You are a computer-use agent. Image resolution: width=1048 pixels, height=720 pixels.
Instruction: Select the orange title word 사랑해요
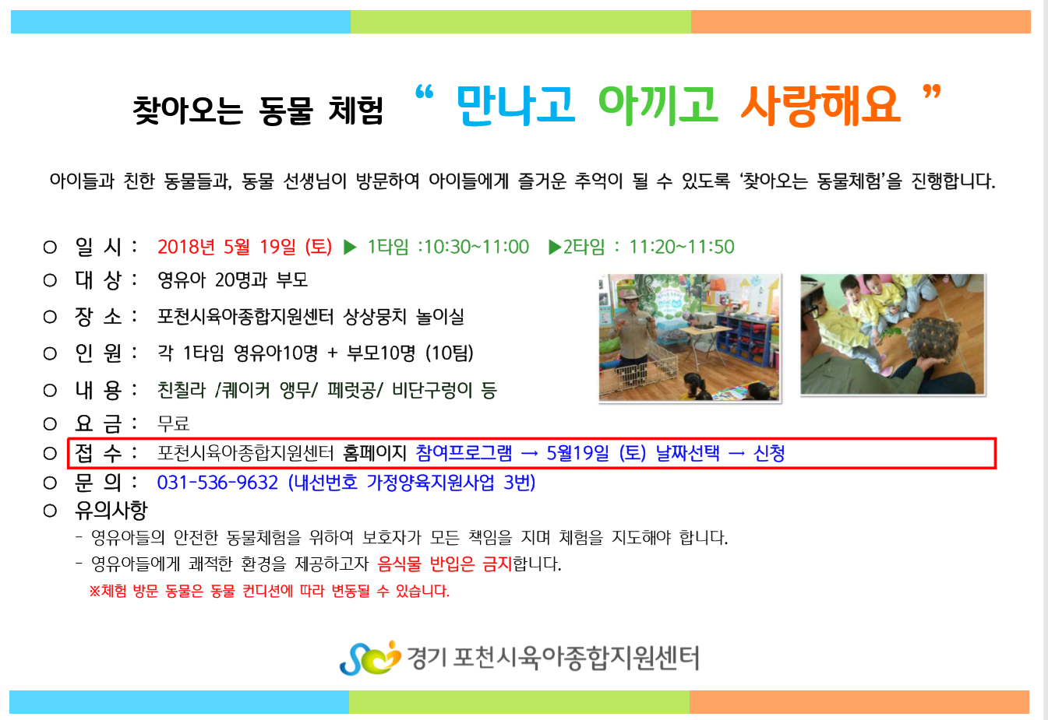(x=821, y=106)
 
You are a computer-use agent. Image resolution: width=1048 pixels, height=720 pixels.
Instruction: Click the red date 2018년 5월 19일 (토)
(x=245, y=247)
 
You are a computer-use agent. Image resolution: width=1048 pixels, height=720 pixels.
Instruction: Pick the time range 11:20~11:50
(x=682, y=247)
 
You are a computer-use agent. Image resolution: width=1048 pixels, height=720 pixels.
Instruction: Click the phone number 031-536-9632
(x=217, y=483)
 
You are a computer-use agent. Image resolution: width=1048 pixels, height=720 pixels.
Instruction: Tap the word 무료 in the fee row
(x=174, y=423)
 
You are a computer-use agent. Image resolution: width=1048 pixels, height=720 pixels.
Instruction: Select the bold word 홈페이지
(x=374, y=453)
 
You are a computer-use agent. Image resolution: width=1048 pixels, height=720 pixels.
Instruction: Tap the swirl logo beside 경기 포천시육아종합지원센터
(x=370, y=658)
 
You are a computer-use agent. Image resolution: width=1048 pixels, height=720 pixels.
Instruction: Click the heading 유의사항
(x=111, y=510)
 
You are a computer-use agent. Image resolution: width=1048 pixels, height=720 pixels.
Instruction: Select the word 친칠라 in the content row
(x=182, y=390)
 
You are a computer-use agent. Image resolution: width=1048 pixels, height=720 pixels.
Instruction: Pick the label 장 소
(x=98, y=317)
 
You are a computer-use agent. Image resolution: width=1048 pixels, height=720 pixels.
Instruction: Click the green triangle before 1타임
(x=350, y=248)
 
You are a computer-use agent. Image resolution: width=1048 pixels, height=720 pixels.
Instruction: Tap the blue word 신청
(x=769, y=453)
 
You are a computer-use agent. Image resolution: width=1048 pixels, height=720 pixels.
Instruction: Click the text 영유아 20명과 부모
(x=233, y=280)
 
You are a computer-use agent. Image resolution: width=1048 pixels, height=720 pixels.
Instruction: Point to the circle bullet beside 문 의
(x=50, y=483)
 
